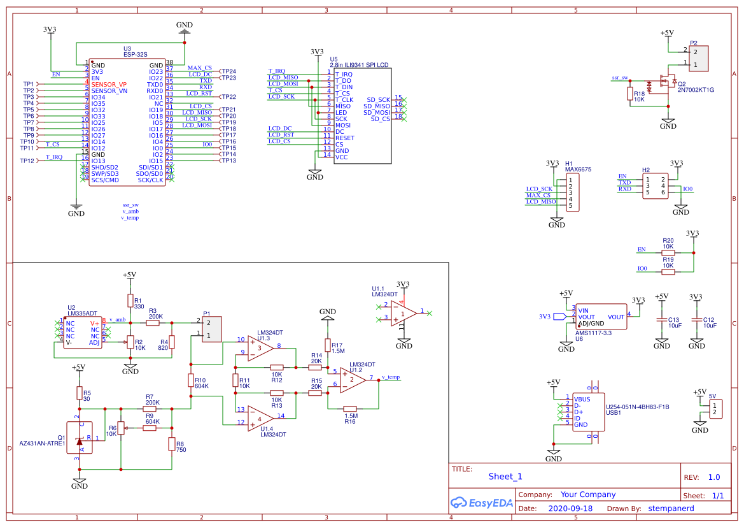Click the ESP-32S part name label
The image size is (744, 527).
136,55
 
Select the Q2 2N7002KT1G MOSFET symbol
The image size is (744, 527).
666,82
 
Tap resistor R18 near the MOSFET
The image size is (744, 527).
630,94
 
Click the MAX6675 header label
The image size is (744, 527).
578,170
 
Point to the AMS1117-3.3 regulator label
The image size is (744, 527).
594,333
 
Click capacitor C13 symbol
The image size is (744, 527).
662,319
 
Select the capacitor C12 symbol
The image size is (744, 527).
697,319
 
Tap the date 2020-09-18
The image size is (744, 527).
570,509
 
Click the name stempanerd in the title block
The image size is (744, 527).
671,509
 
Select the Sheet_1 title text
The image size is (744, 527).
505,476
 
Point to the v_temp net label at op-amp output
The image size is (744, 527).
390,377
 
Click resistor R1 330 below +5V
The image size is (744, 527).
130,300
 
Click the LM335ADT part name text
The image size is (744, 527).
82,314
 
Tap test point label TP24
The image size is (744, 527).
228,71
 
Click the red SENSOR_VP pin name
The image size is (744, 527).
109,84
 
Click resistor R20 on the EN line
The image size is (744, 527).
668,252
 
